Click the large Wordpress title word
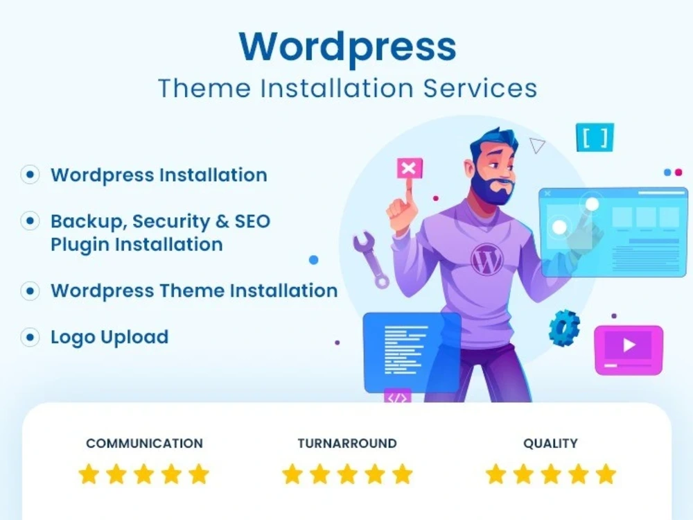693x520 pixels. [347, 47]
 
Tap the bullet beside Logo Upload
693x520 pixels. [30, 338]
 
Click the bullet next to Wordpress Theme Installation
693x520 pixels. [30, 291]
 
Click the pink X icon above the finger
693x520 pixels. [409, 168]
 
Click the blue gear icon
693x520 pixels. [564, 327]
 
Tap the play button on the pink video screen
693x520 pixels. [629, 345]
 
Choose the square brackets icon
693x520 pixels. [595, 138]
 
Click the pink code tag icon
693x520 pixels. [397, 397]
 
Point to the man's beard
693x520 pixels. [493, 189]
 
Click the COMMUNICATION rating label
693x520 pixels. [144, 444]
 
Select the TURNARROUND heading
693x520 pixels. [347, 444]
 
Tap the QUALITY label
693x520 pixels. [550, 444]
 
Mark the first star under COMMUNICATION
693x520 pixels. [89, 474]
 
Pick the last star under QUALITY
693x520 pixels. [606, 474]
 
